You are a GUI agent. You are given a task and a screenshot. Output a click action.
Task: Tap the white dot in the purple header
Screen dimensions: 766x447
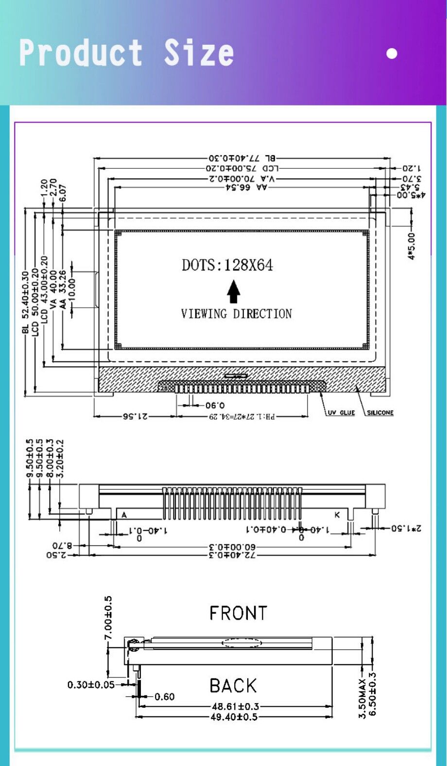[x=392, y=53]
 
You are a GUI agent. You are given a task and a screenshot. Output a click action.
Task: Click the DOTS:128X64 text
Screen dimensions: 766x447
[x=227, y=265]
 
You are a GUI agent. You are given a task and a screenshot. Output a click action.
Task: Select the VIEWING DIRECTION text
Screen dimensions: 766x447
[x=236, y=314]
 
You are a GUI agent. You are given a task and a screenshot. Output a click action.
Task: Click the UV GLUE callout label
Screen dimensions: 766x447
[x=341, y=412]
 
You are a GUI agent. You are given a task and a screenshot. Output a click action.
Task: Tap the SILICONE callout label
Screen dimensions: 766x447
[x=380, y=412]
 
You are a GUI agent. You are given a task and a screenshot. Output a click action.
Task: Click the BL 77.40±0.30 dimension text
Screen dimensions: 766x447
[x=242, y=158]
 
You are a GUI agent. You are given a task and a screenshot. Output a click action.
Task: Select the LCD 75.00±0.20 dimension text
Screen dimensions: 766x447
[x=242, y=168]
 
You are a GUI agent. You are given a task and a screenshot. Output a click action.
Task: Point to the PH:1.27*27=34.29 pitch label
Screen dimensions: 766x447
[x=242, y=417]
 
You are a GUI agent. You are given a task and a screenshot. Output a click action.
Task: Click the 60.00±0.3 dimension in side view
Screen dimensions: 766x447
[x=232, y=546]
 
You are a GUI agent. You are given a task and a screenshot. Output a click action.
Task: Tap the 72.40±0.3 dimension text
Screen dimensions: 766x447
[x=232, y=554]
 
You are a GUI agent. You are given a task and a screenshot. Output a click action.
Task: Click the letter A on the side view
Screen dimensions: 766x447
[x=124, y=515]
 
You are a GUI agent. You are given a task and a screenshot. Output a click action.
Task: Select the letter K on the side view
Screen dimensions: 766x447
[x=337, y=515]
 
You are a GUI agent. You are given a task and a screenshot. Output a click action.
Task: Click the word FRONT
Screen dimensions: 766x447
[x=238, y=613]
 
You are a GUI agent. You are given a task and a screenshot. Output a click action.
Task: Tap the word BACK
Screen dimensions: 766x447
[x=233, y=686]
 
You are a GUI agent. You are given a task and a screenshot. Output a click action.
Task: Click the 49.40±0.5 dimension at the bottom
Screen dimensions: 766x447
[x=234, y=717]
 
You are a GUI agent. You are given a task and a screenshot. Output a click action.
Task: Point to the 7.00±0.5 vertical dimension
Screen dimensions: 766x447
[x=108, y=618]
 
